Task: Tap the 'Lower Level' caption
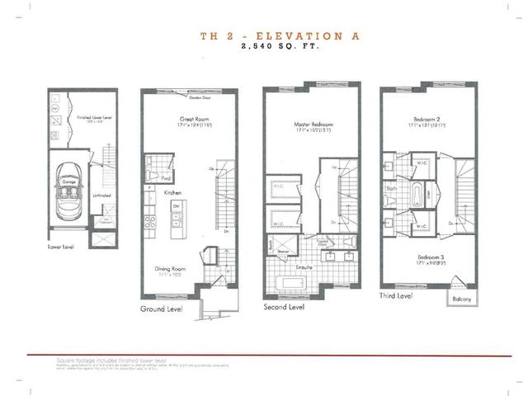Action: pyautogui.click(x=60, y=245)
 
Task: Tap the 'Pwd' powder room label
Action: pyautogui.click(x=165, y=177)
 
